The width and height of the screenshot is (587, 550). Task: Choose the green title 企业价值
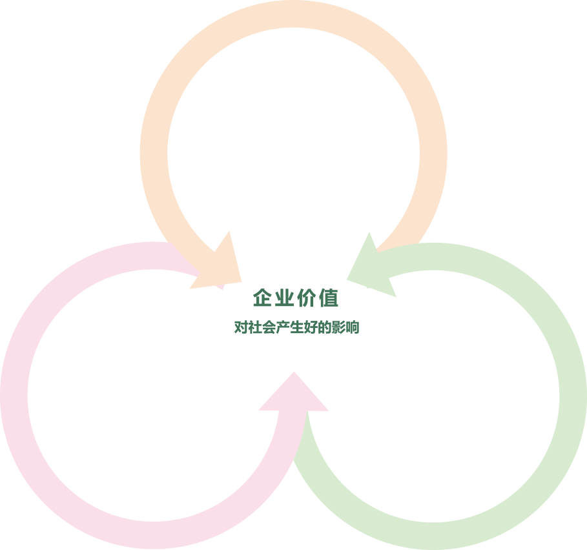(296, 298)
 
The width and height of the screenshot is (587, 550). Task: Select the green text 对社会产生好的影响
(296, 327)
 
